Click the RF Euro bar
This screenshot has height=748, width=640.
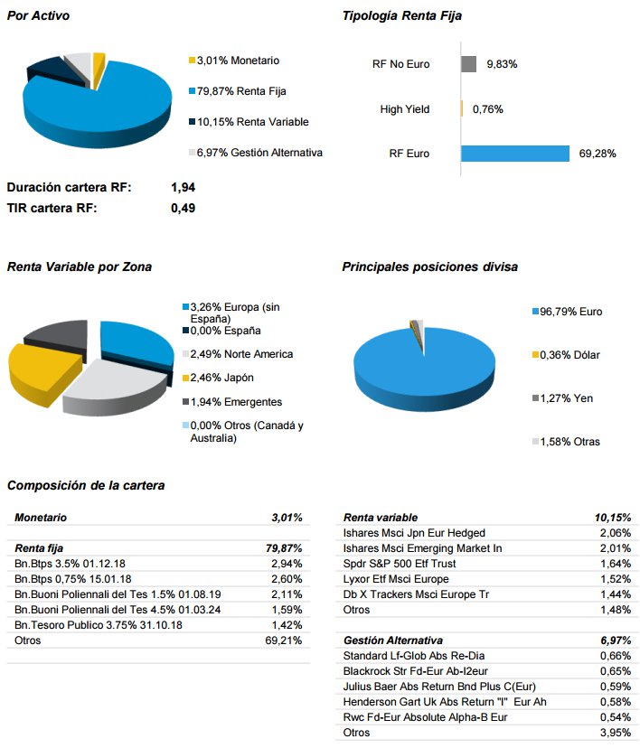click(514, 154)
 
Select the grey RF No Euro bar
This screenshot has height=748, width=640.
click(468, 64)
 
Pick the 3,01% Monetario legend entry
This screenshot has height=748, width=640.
click(238, 61)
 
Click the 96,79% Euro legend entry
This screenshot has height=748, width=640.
click(570, 312)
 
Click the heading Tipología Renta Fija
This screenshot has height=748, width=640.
click(401, 16)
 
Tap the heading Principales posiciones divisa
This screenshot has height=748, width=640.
click(429, 267)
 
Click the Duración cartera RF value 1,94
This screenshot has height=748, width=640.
click(183, 188)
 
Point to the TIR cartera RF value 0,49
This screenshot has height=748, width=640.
click(183, 208)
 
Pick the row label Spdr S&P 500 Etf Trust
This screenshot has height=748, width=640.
click(400, 564)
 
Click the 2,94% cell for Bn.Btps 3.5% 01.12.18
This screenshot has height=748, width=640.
click(287, 564)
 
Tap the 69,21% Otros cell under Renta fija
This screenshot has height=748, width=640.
click(286, 640)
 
